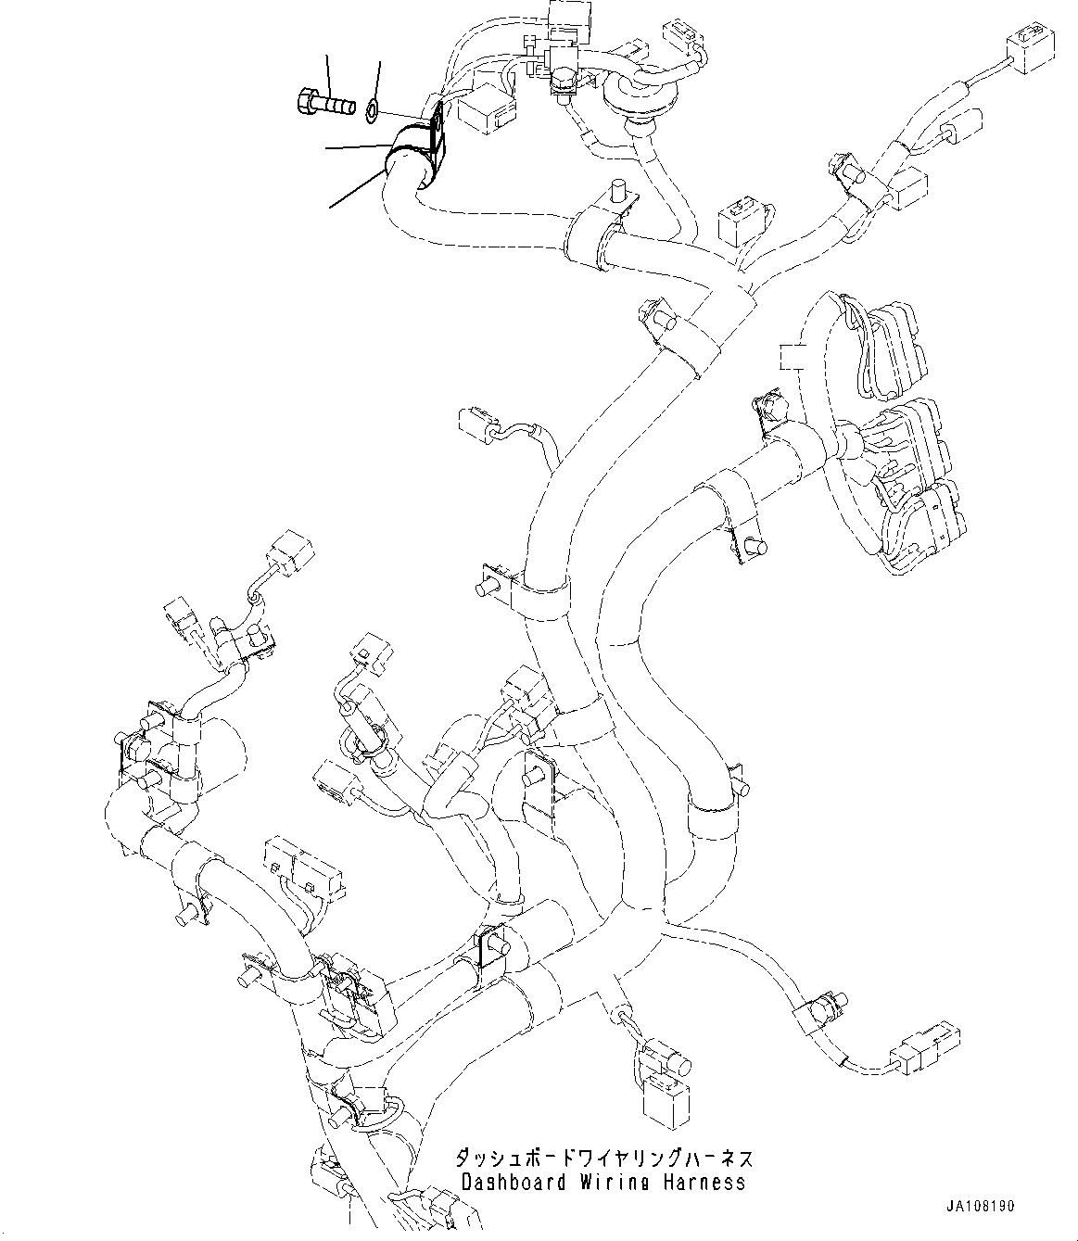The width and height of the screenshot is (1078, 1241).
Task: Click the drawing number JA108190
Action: (981, 1208)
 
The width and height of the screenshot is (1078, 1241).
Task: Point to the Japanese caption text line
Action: (602, 1159)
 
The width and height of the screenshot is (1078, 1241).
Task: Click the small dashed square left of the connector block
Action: (790, 357)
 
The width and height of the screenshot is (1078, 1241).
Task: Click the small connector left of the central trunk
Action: (478, 422)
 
